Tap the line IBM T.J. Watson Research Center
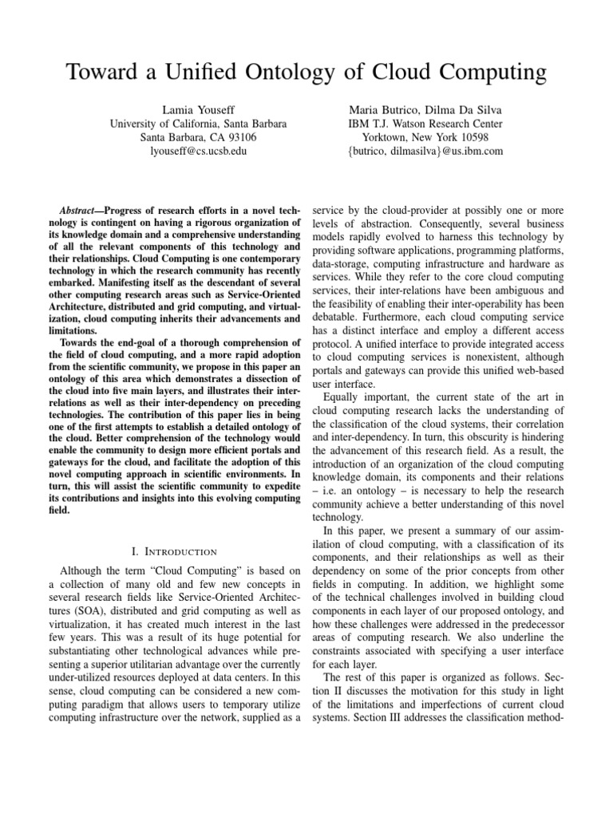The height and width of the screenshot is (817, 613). pos(425,123)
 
